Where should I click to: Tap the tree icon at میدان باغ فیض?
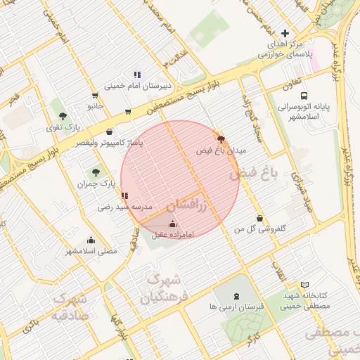point(221,139)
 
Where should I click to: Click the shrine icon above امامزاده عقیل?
point(173,224)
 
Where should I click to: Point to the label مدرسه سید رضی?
point(124,207)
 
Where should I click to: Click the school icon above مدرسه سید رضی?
point(124,195)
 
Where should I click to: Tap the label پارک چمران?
point(96,184)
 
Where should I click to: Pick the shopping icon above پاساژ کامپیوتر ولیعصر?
point(109,131)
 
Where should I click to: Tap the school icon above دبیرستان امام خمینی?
point(137,74)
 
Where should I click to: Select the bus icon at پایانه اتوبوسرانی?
point(304,96)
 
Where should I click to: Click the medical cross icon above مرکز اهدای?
point(285,33)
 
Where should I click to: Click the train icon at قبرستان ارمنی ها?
point(236,295)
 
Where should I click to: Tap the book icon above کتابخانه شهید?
point(304,285)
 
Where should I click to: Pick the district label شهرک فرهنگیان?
point(166,288)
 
